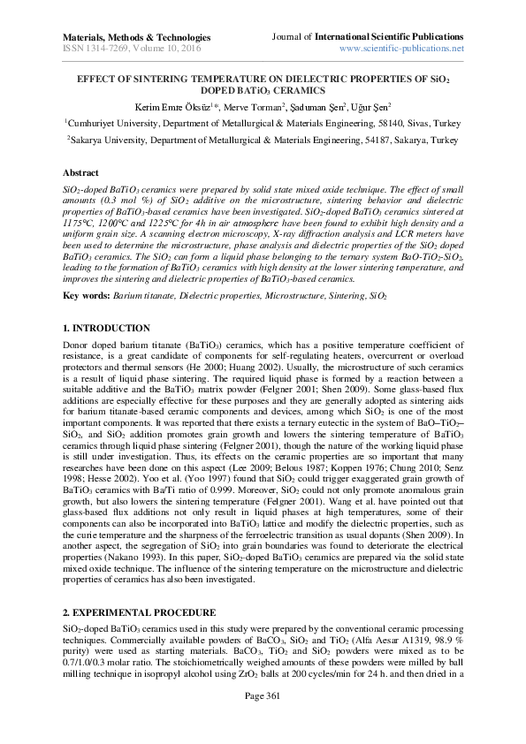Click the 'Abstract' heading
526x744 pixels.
click(80, 173)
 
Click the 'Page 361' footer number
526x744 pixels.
click(262, 719)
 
